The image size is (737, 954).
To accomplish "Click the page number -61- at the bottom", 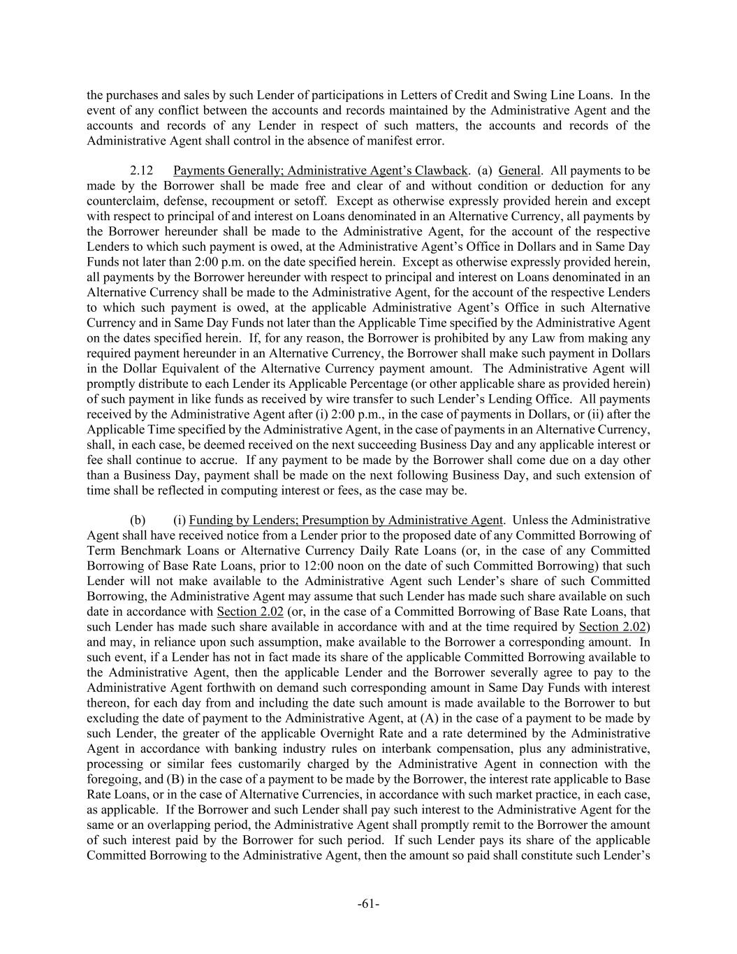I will click(368, 904).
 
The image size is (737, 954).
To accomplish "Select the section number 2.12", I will click(142, 171).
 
